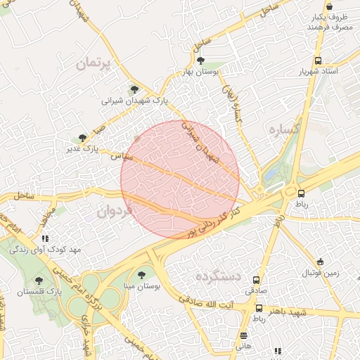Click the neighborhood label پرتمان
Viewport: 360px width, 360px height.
pos(91,63)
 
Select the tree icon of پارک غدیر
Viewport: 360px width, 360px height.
pos(84,138)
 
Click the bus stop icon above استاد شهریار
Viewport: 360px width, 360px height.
pos(319,61)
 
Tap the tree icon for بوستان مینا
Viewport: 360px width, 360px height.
pos(142,275)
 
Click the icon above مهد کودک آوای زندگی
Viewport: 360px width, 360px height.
pos(46,238)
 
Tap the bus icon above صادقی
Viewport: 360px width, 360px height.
pos(256,279)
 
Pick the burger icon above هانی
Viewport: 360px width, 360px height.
pos(243,335)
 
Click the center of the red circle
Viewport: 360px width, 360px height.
pos(181,179)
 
